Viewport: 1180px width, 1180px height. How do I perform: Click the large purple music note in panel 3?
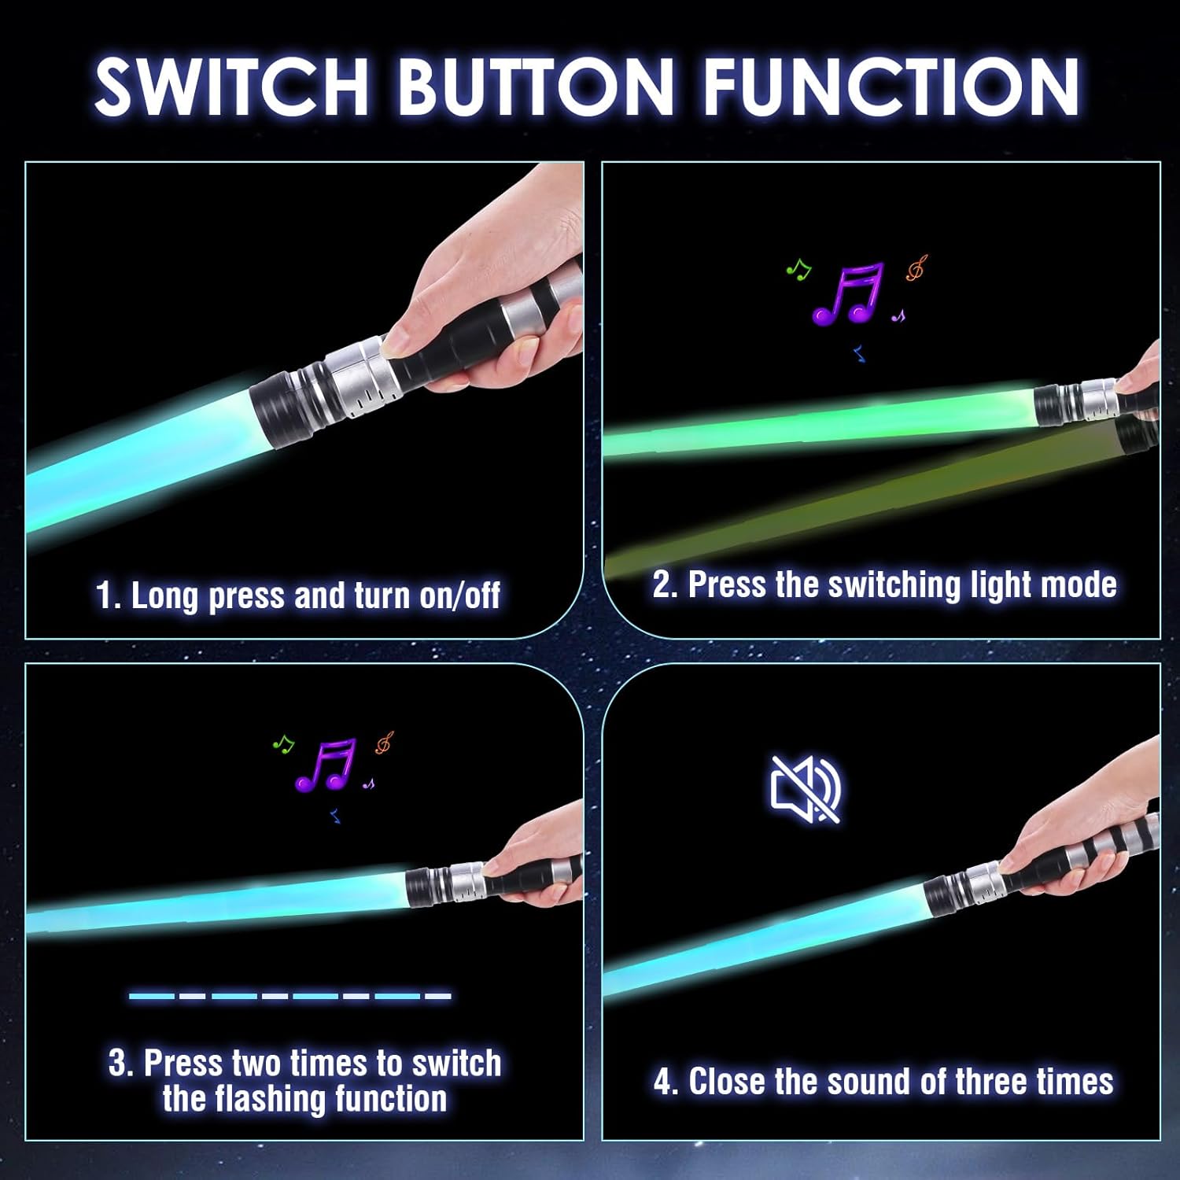coord(326,765)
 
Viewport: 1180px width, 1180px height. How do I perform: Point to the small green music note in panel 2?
coord(798,270)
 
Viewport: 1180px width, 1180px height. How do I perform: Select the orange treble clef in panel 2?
coord(916,268)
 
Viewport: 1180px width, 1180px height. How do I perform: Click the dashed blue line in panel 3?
coord(289,996)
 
